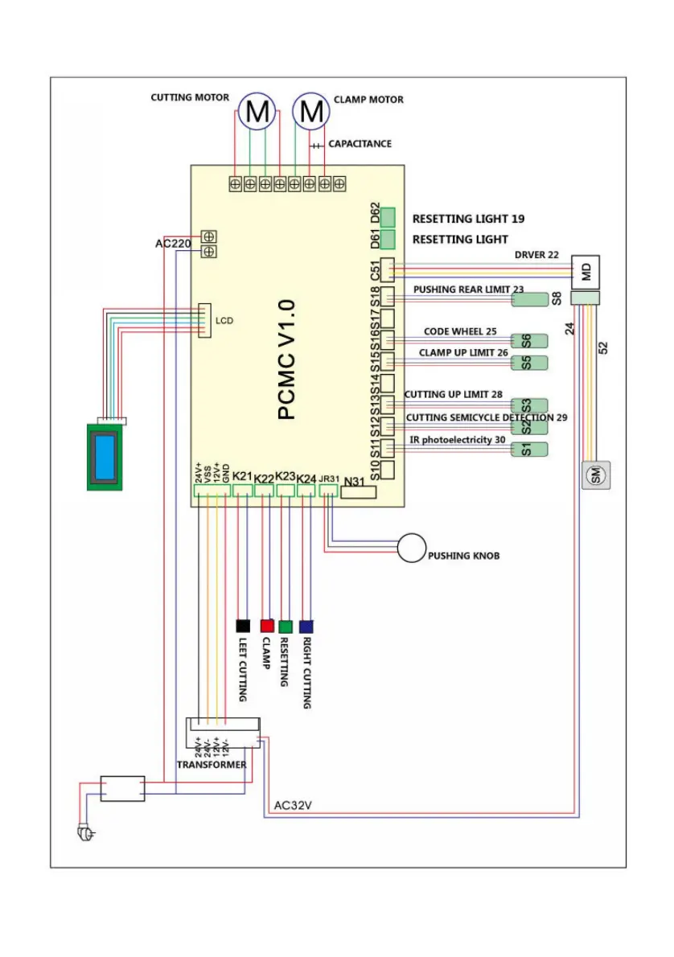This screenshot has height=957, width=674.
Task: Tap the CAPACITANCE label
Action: click(x=360, y=144)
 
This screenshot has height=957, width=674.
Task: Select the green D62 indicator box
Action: click(x=388, y=217)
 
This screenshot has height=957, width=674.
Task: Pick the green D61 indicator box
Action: click(x=388, y=239)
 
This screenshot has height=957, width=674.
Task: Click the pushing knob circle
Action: click(x=411, y=548)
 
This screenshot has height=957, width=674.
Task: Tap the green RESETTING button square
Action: click(x=286, y=626)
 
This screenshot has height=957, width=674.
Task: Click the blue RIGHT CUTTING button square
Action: click(x=306, y=626)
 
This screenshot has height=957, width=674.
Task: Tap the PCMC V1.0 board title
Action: click(x=287, y=359)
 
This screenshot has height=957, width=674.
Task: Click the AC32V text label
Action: click(x=293, y=805)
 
